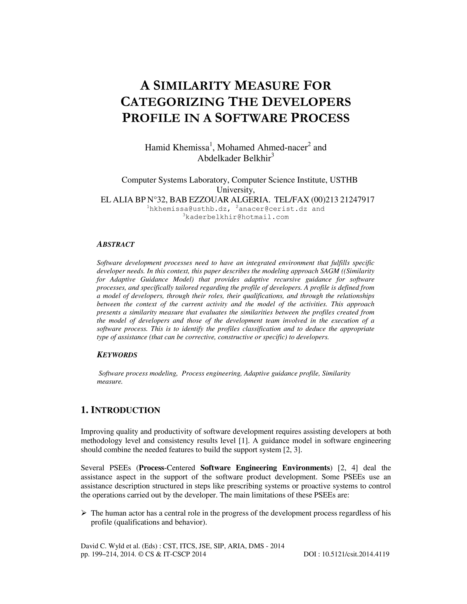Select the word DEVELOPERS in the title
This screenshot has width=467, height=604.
[x=306, y=102]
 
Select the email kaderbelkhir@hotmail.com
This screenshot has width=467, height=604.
[x=237, y=217]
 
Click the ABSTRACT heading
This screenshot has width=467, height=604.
[x=116, y=245]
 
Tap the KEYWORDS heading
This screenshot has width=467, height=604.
[x=117, y=355]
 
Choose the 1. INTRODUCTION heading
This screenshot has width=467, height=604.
[x=121, y=410]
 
